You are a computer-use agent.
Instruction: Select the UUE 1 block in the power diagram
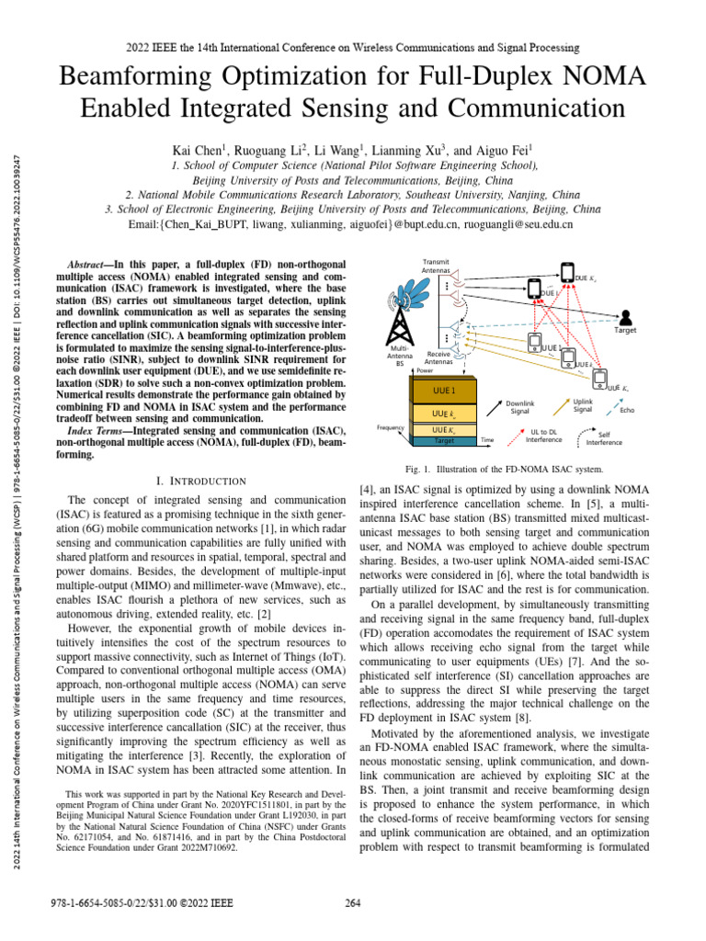444,390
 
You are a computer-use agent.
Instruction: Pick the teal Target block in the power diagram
444,441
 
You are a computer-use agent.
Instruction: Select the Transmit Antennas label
436,266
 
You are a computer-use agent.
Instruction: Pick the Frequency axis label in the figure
393,427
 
